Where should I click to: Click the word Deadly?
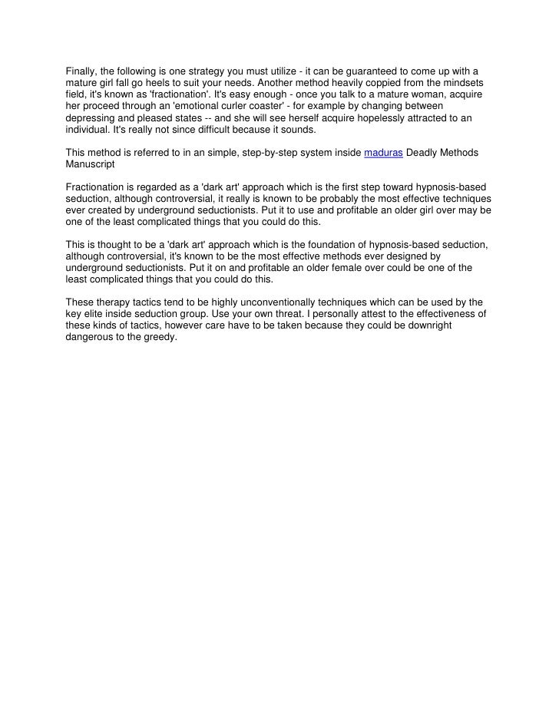[422, 154]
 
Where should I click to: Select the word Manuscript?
[90, 165]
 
